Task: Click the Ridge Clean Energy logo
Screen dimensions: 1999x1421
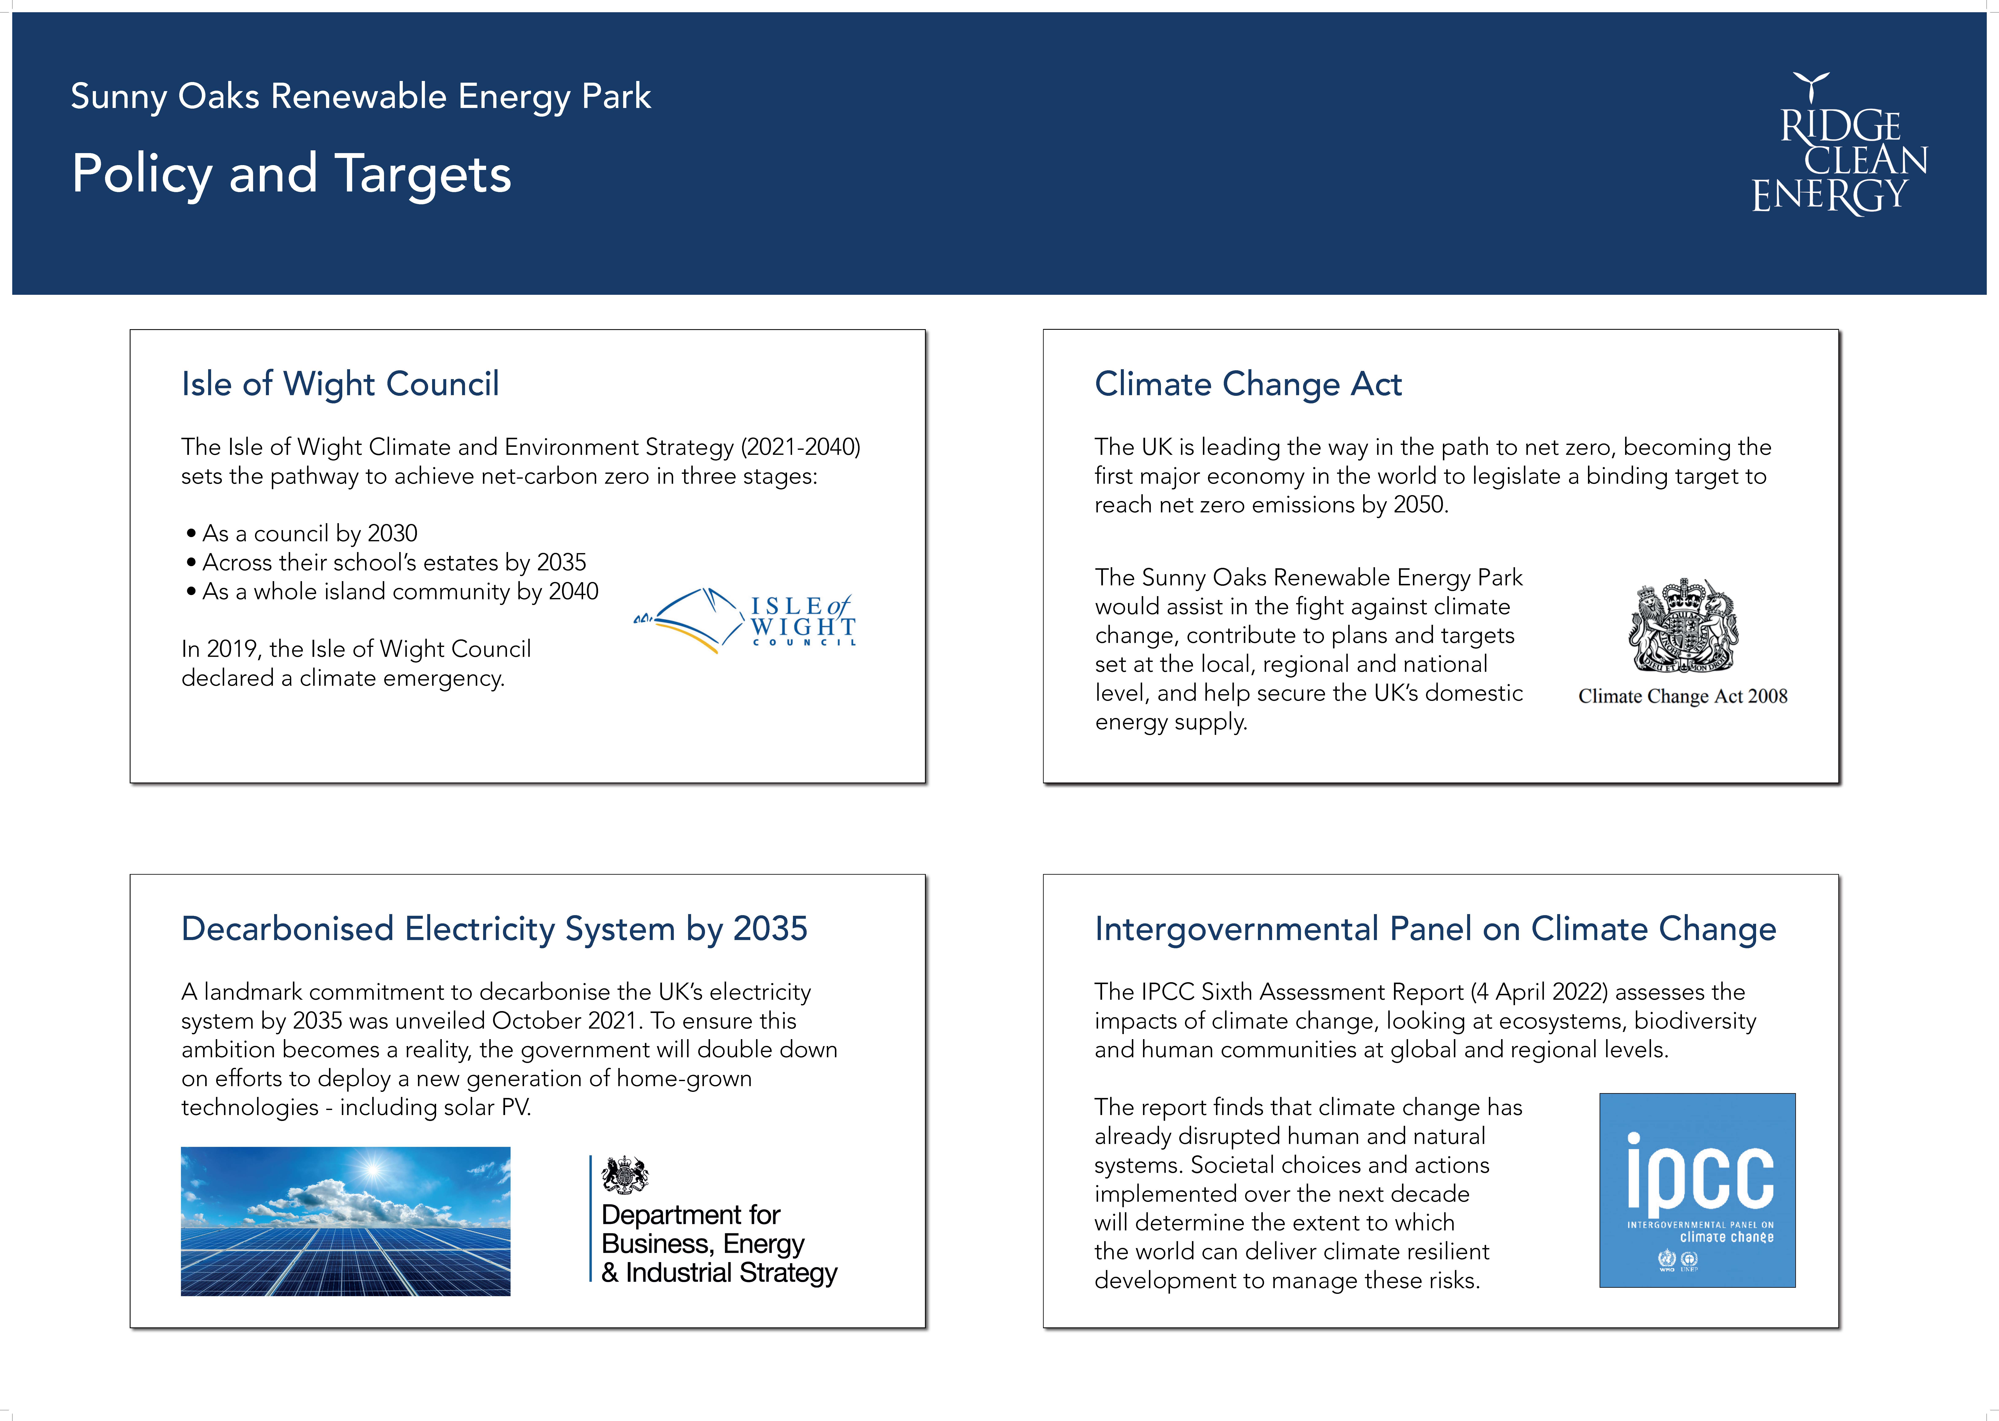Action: (x=1840, y=144)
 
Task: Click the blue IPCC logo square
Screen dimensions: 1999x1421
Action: (x=1697, y=1190)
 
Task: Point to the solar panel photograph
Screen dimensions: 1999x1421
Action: (x=346, y=1222)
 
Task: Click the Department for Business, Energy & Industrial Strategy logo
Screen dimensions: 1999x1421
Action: (x=714, y=1221)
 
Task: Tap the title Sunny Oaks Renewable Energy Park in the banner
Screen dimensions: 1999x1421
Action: (x=360, y=96)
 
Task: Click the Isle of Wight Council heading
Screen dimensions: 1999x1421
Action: (x=340, y=384)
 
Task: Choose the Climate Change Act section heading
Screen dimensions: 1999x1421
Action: (x=1248, y=384)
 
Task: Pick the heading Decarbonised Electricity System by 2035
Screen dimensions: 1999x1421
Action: (x=494, y=929)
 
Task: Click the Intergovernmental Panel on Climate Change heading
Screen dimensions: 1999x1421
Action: (x=1436, y=929)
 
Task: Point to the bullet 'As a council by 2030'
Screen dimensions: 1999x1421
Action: (x=302, y=534)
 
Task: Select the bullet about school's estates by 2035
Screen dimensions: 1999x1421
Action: (x=386, y=563)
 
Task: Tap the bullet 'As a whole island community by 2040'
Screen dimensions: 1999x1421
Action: (x=392, y=591)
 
